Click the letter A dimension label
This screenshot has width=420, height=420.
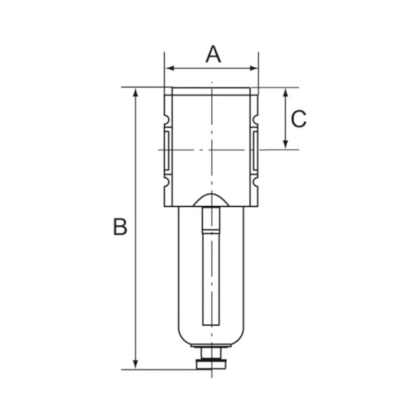tap(213, 54)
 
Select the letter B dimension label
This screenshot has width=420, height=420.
tap(120, 227)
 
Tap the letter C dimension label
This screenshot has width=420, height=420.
tap(298, 119)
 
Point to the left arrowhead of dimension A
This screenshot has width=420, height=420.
tap(169, 69)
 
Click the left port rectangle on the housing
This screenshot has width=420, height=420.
tap(169, 149)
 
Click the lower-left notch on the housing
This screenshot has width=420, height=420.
tap(168, 183)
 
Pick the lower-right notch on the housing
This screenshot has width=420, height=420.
tap(255, 183)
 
